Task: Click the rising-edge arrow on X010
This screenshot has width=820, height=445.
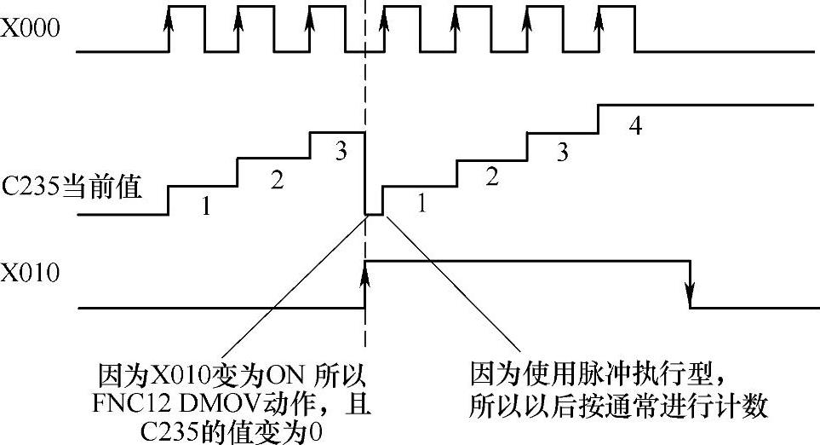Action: point(365,275)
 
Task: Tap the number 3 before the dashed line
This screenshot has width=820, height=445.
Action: point(341,152)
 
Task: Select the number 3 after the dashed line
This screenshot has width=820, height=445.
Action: point(562,153)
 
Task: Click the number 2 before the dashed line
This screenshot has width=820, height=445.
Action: point(275,179)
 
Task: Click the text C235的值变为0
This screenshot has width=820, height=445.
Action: point(232,431)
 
